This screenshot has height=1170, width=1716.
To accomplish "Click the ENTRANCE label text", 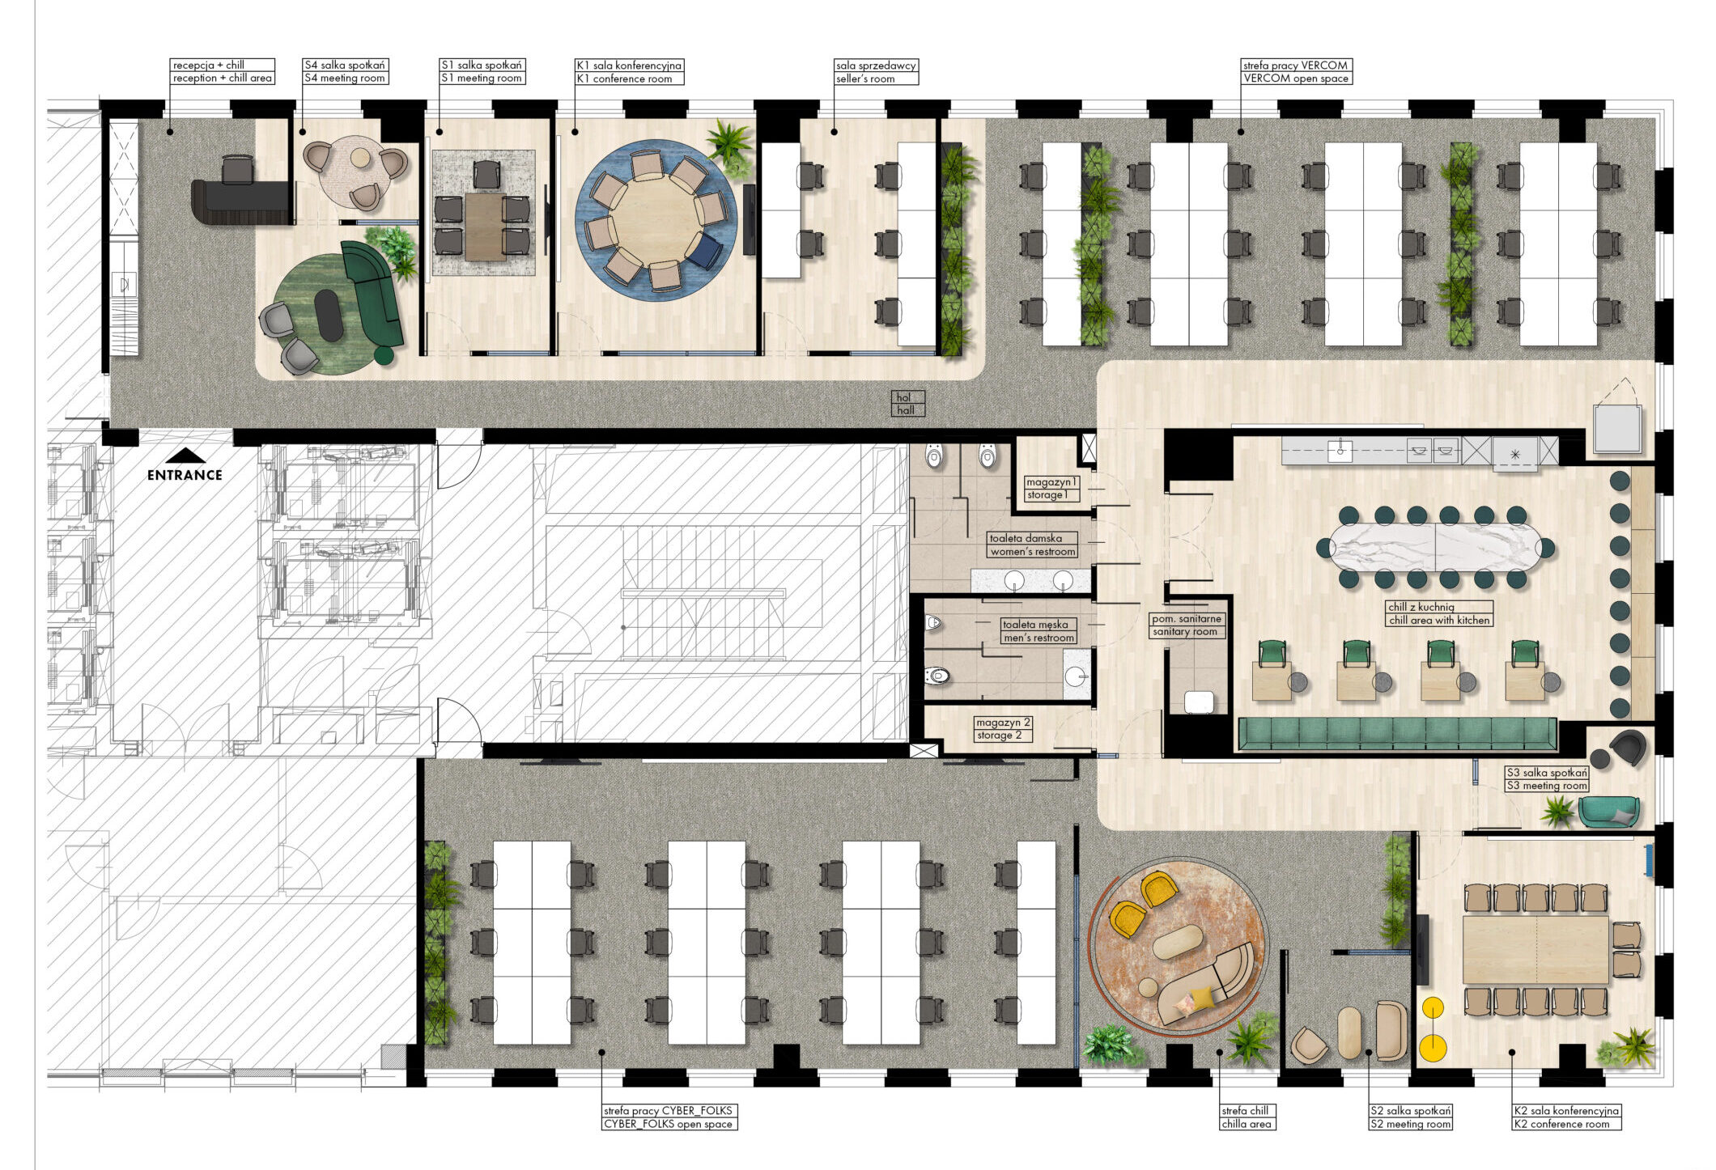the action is pos(185,475).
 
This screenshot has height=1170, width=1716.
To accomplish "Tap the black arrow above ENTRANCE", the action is pos(185,456).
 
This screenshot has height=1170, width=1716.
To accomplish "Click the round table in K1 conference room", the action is pos(656,220).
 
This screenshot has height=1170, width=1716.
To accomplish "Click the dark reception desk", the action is pos(240,202).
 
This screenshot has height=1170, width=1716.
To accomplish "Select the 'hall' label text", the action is pos(907,410).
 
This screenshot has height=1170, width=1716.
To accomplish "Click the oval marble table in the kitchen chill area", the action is pos(1436,547).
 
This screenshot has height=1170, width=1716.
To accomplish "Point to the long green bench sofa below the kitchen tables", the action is pos(1398,734).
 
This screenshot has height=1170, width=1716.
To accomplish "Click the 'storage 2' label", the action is pos(1000,735).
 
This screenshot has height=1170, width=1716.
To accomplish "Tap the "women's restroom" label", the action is pos(1033,552).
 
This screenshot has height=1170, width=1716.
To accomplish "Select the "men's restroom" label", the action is pos(1039,638).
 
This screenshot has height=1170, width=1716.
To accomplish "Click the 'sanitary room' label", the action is pos(1186,632).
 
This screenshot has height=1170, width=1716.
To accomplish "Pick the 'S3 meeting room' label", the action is pos(1547,786).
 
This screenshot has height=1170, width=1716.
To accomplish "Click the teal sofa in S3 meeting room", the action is pos(1609,812).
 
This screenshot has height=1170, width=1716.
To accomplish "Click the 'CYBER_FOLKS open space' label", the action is pos(669,1124).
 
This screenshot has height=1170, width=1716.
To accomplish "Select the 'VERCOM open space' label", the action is pos(1297,78).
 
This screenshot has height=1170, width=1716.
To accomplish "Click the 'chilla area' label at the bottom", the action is pos(1247,1124).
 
